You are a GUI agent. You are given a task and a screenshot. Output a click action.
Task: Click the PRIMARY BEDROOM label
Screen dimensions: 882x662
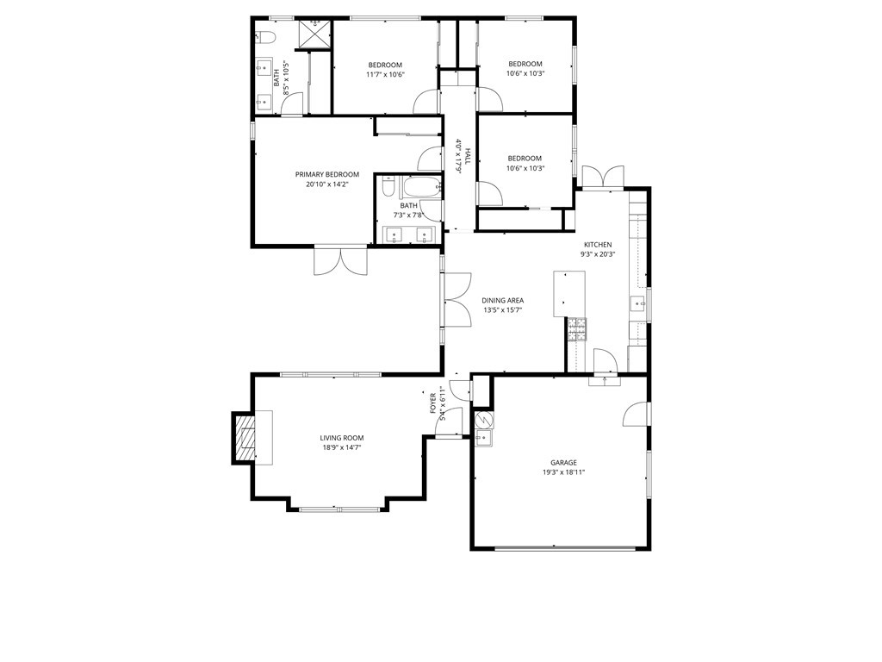click(x=326, y=174)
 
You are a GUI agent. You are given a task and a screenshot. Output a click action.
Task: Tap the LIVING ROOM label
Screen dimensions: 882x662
click(x=341, y=438)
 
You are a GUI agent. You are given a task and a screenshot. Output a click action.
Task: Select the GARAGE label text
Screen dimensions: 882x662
click(x=563, y=463)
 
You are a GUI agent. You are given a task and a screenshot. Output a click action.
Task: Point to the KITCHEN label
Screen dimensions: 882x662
click(x=598, y=245)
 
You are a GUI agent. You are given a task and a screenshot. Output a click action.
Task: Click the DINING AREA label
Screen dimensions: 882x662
click(x=502, y=301)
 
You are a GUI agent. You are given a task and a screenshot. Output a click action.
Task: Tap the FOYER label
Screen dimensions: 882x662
click(x=433, y=403)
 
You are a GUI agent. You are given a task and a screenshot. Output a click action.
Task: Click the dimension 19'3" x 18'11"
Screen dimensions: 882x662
click(x=563, y=472)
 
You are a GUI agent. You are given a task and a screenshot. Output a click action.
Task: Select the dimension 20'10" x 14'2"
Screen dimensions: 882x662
click(x=326, y=184)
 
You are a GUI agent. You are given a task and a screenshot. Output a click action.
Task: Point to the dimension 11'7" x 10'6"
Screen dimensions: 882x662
click(x=385, y=74)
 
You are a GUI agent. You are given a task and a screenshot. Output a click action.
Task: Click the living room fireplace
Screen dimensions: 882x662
click(x=244, y=438)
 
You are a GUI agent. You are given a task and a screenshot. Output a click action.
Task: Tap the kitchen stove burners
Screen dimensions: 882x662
click(x=576, y=329)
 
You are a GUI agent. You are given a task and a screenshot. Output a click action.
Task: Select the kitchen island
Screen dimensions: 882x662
click(x=569, y=294)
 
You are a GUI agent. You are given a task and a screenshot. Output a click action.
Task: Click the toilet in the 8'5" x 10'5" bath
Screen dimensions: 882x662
click(x=264, y=38)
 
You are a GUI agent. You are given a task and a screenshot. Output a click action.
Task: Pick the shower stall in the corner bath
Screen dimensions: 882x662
click(x=314, y=34)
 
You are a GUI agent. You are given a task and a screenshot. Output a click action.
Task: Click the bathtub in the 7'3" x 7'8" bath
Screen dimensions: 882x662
click(x=420, y=187)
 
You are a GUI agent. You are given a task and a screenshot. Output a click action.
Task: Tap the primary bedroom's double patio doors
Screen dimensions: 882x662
click(x=340, y=260)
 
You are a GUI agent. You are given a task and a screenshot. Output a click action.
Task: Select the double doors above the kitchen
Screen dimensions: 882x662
click(x=603, y=177)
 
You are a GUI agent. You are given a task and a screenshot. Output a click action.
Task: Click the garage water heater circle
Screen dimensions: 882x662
click(x=483, y=420)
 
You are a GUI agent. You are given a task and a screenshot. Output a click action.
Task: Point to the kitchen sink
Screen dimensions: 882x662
click(x=638, y=304)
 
